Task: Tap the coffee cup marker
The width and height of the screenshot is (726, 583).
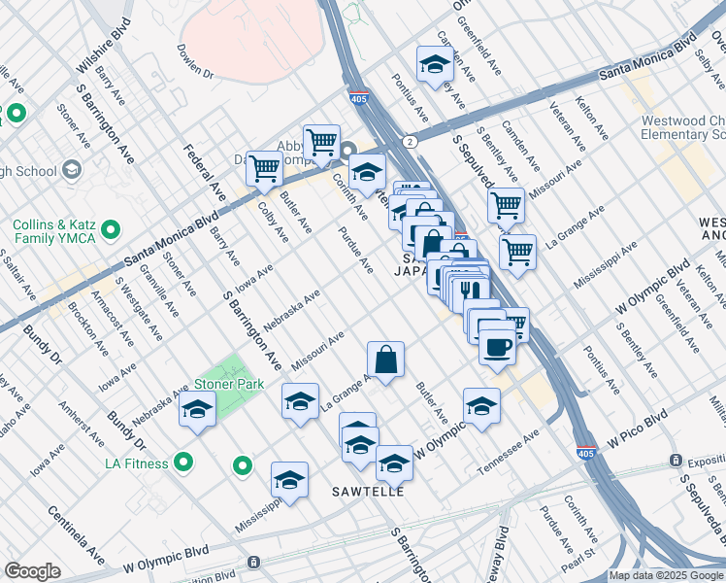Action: point(497,346)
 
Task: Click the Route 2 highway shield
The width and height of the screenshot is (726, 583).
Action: point(412,142)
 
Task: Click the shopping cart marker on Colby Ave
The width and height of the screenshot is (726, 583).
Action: point(264,168)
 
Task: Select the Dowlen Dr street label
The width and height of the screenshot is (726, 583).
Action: point(194,59)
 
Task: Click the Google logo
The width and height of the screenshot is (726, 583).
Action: point(33,571)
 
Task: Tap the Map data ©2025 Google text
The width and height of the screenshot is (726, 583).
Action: point(666,575)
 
